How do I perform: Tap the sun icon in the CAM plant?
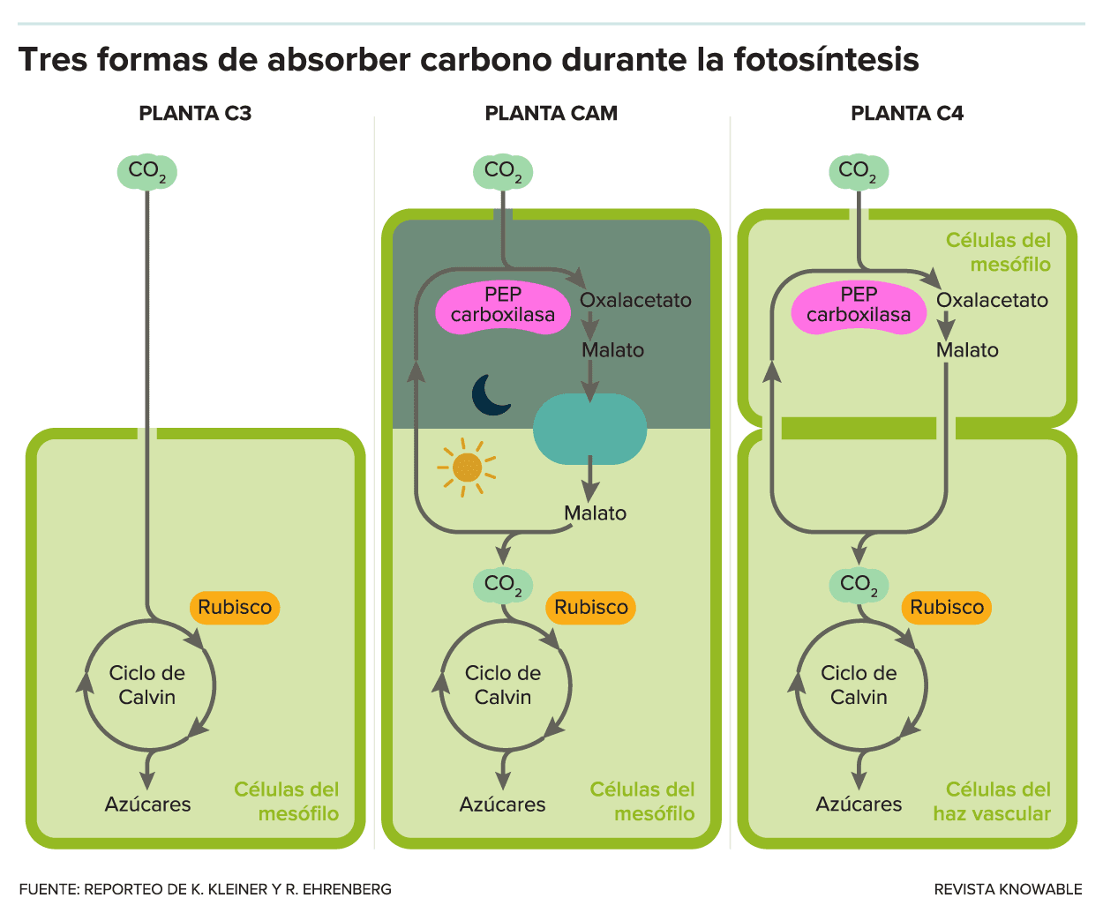click(467, 468)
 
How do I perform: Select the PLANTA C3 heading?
click(195, 114)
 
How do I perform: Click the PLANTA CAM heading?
click(551, 114)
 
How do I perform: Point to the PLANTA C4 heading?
click(907, 114)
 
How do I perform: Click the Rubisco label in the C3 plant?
click(235, 607)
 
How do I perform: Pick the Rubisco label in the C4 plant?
click(947, 607)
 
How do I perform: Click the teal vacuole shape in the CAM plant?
click(590, 429)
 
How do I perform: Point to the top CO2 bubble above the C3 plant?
click(146, 172)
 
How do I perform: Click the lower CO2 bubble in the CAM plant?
click(503, 585)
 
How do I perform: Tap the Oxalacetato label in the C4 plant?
click(992, 300)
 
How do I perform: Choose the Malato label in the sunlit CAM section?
click(596, 513)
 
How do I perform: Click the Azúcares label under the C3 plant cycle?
click(147, 804)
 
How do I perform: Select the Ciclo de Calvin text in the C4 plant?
click(859, 685)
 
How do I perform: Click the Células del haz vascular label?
click(992, 802)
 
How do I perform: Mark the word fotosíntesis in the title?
click(826, 59)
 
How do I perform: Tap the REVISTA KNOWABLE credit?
click(1008, 889)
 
